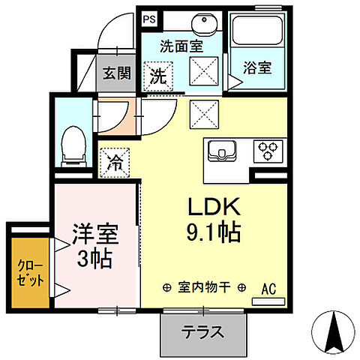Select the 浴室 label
pyautogui.click(x=257, y=67)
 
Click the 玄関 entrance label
pyautogui.click(x=116, y=73)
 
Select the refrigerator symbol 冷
pyautogui.click(x=115, y=161)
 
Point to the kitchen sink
pyautogui.click(x=222, y=151)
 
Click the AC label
pyautogui.click(x=269, y=287)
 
